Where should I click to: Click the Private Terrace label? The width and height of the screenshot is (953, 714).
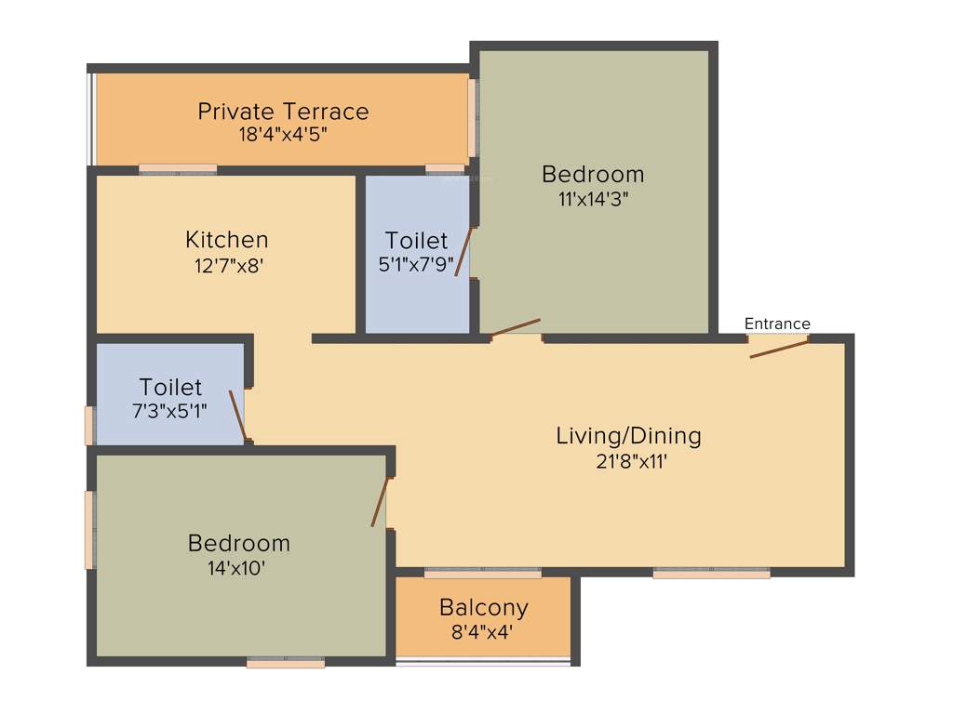coord(283,112)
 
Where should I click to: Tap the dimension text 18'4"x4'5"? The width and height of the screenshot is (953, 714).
coord(283,134)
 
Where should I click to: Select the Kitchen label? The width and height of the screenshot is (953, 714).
coord(227,240)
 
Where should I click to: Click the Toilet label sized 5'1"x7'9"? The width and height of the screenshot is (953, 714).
coord(416,241)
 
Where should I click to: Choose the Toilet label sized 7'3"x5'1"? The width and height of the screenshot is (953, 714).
coord(170,386)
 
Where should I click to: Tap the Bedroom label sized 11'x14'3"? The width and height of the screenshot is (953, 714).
coord(593,174)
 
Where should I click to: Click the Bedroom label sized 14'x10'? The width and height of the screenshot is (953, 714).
coord(239,543)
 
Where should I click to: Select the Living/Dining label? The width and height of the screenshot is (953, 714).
coord(628,435)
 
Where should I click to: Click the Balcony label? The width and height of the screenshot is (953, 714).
coord(483,608)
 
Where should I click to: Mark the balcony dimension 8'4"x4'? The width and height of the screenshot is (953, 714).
coord(483,631)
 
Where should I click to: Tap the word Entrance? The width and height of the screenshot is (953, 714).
coord(777,324)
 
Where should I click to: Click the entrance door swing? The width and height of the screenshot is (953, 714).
coord(779,349)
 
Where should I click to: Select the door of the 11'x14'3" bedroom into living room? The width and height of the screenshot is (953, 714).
coord(516,327)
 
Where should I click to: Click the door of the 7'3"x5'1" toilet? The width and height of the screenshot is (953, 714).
coord(239,416)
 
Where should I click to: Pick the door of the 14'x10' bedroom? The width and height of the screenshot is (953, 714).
coord(380,502)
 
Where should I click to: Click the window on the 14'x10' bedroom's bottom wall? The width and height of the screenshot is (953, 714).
coord(286,662)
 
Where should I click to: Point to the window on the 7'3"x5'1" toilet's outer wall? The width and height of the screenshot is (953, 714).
coord(90,425)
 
